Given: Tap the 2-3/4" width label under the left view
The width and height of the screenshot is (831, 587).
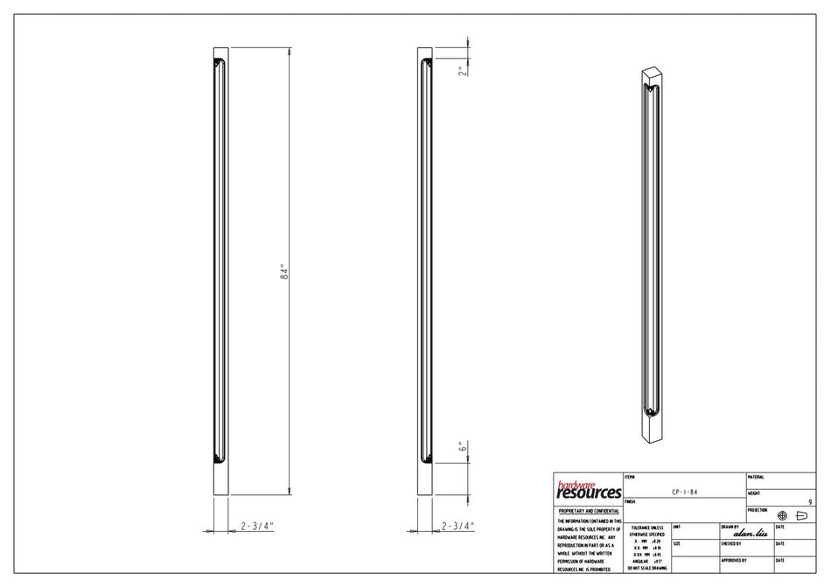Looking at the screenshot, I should [257, 526].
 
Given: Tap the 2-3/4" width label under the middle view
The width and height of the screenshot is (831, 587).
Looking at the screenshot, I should [458, 526].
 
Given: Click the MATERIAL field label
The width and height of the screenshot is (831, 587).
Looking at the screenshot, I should [757, 477].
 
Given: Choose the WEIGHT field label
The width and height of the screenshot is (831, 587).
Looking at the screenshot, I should [755, 493].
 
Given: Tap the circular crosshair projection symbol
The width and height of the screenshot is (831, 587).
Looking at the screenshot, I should [781, 515].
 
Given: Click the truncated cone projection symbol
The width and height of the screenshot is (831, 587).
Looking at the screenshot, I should [800, 515].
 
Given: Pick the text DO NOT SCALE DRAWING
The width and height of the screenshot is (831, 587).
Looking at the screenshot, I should [646, 569].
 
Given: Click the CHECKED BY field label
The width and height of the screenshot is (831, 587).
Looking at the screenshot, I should [733, 544].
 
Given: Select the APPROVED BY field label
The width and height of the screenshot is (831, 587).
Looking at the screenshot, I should [734, 560].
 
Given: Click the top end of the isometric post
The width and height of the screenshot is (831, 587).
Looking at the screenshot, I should [651, 72].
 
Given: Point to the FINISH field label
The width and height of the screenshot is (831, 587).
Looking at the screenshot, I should [632, 502].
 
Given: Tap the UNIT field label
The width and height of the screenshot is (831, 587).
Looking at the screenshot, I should [678, 527].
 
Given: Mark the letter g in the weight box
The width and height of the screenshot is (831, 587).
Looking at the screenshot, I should [810, 501].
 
